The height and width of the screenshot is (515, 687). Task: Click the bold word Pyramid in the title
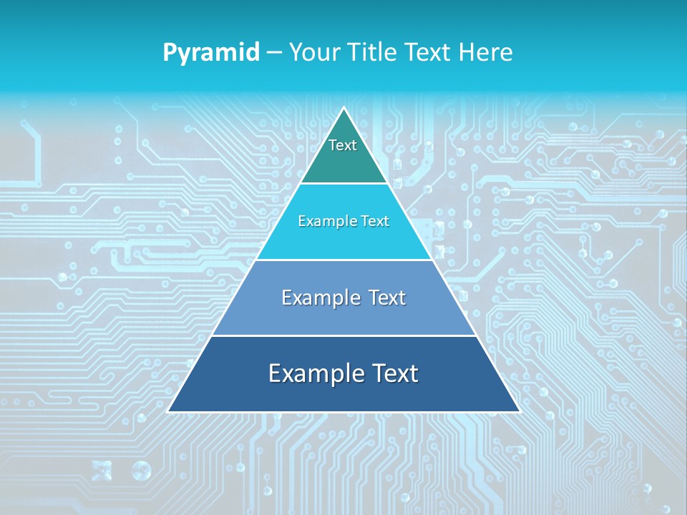(x=210, y=53)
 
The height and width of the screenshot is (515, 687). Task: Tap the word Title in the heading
(x=371, y=52)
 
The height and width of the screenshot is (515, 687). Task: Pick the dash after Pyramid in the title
(x=274, y=53)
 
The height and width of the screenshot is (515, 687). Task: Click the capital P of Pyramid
(x=169, y=52)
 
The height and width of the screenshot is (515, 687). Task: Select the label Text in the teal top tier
(x=343, y=146)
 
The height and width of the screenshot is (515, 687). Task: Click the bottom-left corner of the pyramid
(x=169, y=411)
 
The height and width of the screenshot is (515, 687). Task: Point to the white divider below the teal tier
(x=343, y=183)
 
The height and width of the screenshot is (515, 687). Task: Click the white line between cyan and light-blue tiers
(x=343, y=260)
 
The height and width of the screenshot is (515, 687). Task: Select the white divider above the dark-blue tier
(x=343, y=335)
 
